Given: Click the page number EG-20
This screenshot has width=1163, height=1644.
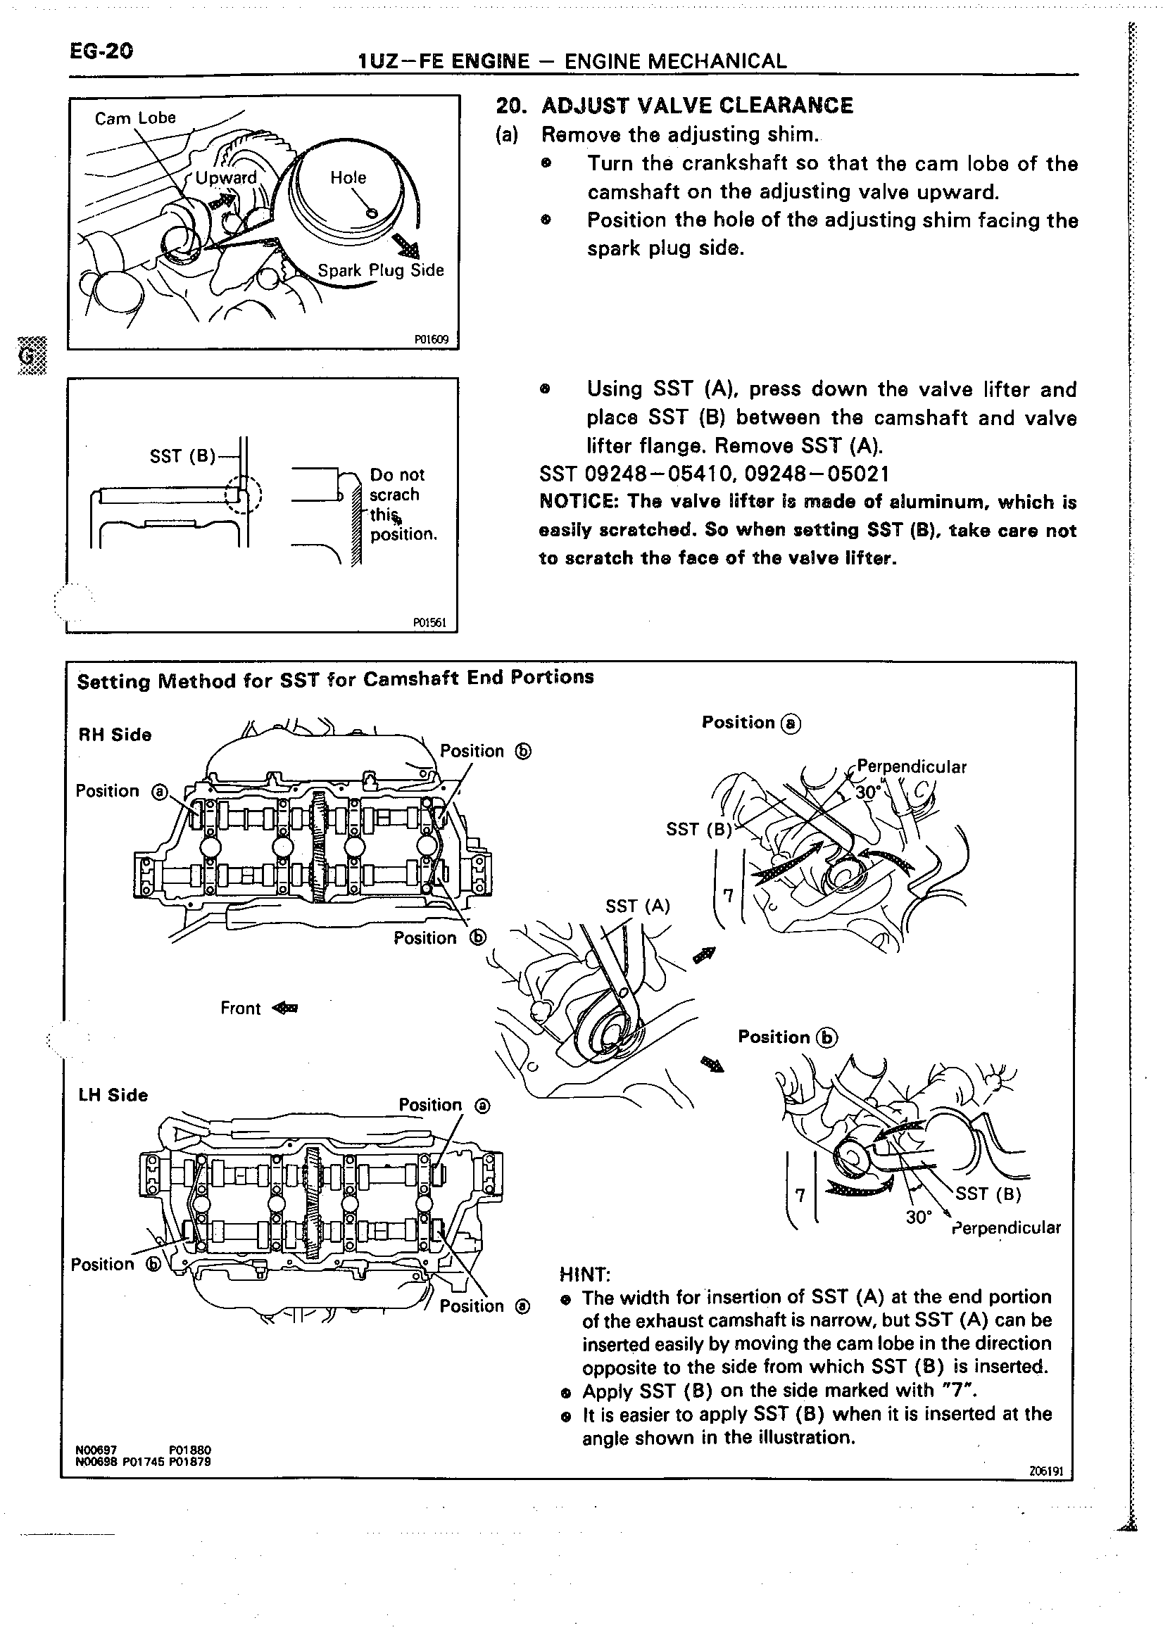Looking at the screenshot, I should (x=101, y=51).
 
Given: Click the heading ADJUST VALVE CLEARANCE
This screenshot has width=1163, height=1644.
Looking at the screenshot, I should (x=697, y=106).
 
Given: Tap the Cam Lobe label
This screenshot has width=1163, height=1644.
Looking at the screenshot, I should (x=134, y=118).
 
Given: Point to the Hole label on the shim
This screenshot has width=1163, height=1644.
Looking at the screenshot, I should (x=348, y=177).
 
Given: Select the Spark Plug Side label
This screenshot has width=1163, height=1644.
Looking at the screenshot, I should (x=380, y=271).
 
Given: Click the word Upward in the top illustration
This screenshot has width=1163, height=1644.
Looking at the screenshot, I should (x=225, y=177).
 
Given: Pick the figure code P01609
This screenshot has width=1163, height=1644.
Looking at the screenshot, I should (x=431, y=339).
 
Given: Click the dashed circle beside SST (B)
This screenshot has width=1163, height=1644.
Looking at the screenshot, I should (x=245, y=494).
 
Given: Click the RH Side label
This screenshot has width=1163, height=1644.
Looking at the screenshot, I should (x=115, y=735).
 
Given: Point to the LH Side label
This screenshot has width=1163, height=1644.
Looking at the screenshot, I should (x=113, y=1095).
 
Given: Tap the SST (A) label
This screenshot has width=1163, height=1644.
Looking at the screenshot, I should (x=637, y=906).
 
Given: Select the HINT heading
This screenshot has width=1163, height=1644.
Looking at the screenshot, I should (x=584, y=1275).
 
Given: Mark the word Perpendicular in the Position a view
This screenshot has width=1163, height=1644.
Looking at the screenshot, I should (x=911, y=767).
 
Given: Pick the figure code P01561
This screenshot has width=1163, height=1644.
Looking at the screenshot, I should (x=429, y=622).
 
